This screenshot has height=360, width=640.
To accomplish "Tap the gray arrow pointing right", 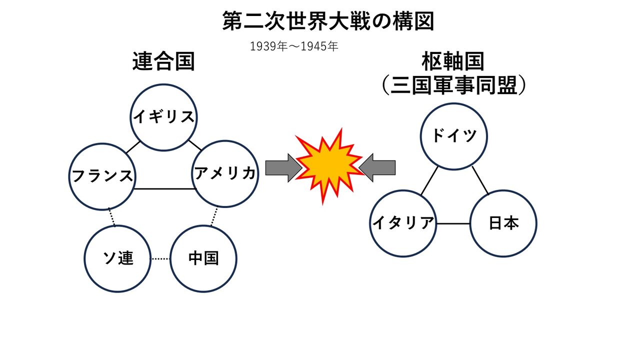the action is coord(283,168).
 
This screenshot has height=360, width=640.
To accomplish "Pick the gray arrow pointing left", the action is coord(377,167).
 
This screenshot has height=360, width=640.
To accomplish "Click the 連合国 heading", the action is coord(163,61).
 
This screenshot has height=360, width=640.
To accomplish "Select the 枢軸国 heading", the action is coord(453,61).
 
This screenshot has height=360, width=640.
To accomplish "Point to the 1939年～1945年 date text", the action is coord(294,46).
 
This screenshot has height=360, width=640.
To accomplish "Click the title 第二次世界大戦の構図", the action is coord(328,21).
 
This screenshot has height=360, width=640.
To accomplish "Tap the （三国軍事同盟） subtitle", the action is coord(453,85).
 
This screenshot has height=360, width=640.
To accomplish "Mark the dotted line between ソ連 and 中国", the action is coord(160,259).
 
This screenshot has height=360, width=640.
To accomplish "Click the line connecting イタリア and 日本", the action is coord(453,223).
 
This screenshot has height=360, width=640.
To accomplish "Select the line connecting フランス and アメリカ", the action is coord(165,189).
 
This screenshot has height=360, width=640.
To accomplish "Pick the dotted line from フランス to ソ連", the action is coord(111,217).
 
